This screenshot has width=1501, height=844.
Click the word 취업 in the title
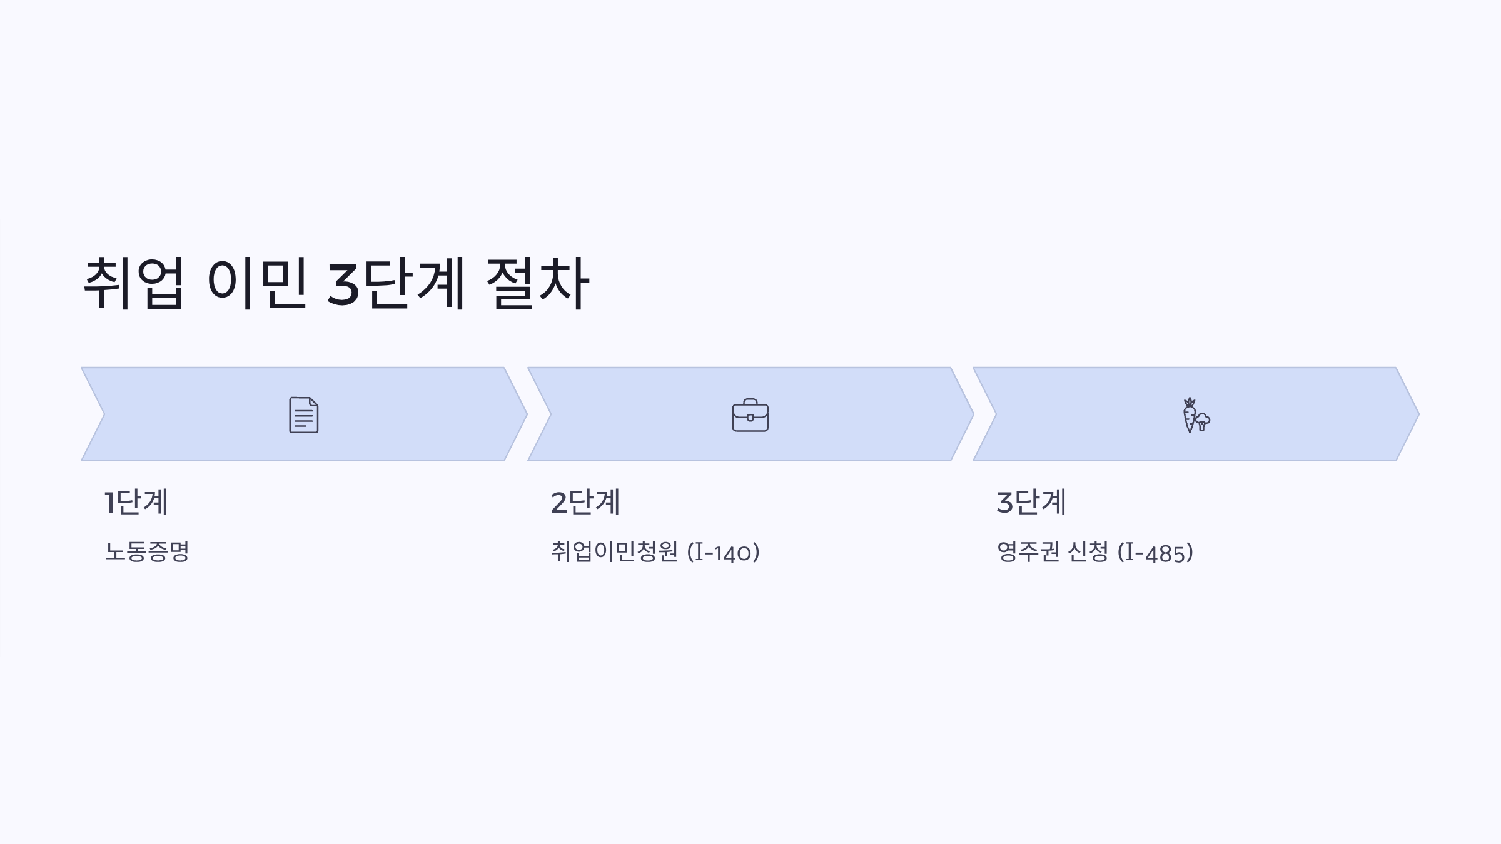tap(134, 283)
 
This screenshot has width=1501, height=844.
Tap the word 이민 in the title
tap(256, 283)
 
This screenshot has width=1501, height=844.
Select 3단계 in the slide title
tap(396, 283)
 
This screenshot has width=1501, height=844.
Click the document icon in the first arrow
tap(304, 414)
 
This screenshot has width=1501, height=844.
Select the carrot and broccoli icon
tap(1196, 415)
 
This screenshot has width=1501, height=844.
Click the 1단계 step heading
tap(136, 502)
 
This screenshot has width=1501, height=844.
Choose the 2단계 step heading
tap(585, 502)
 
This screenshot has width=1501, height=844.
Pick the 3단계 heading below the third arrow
tap(1031, 502)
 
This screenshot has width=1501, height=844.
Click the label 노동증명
tap(147, 551)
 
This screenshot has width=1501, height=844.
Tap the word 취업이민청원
tap(614, 551)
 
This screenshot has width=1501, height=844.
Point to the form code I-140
tap(723, 553)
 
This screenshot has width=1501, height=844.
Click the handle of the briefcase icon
tap(750, 401)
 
